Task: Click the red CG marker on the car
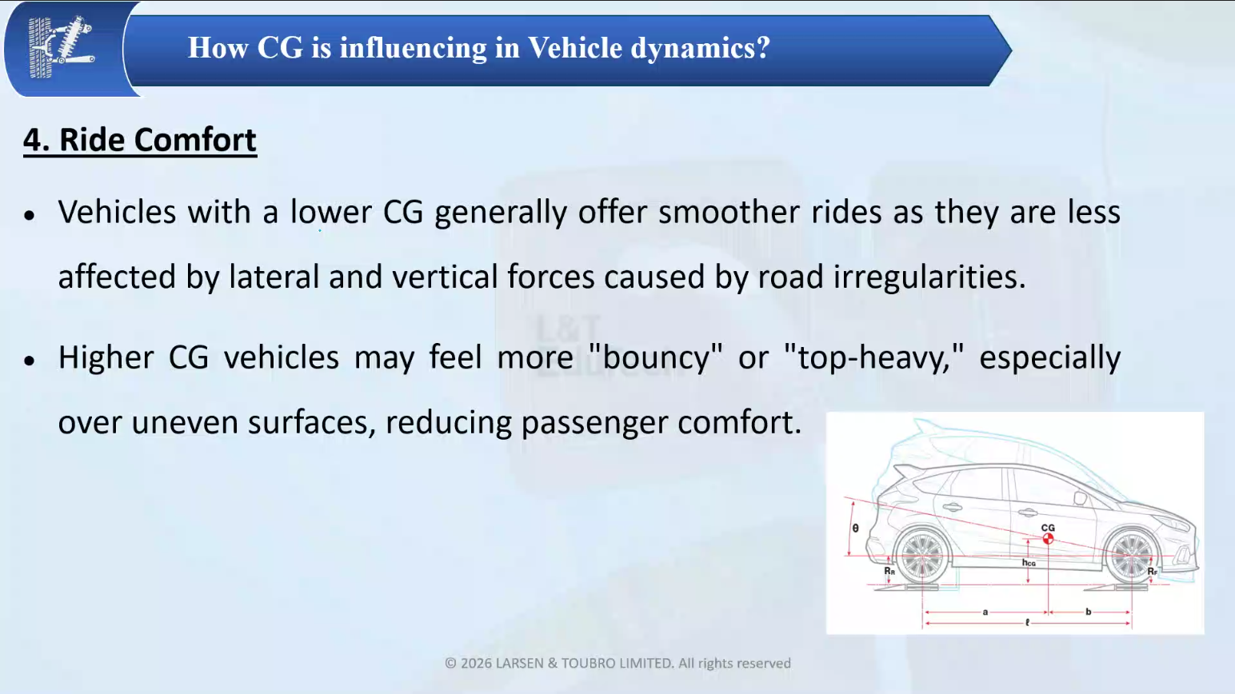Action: pos(1048,539)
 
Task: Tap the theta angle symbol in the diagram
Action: pos(855,528)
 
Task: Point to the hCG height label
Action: pos(1029,562)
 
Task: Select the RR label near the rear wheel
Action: pos(889,571)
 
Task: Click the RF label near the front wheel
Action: pos(1153,571)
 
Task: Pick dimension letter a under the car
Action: pos(985,612)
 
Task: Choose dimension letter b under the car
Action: pos(1089,612)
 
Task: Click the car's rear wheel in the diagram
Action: pos(922,556)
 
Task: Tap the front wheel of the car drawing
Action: pos(1131,556)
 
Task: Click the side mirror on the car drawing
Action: pos(1080,498)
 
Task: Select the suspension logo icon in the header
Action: pos(61,47)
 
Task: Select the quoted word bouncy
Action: pos(656,357)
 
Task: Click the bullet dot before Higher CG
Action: pos(30,361)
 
